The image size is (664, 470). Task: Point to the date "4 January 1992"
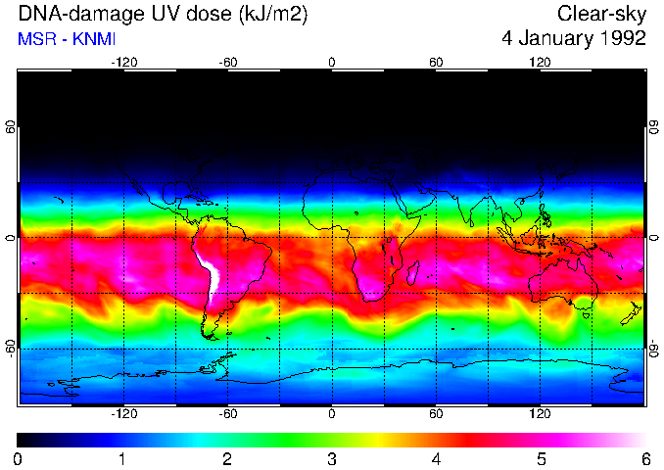pos(573,39)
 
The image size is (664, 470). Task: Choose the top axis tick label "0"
pos(331,63)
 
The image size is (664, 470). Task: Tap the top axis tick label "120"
pos(540,63)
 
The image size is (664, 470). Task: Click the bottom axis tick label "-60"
pos(227,414)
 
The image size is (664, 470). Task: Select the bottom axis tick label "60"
pos(436,414)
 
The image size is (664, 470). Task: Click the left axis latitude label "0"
pos(10,238)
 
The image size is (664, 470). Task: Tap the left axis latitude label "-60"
pos(10,348)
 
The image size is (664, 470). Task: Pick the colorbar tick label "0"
pos(19,458)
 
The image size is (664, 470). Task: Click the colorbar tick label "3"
pos(331,458)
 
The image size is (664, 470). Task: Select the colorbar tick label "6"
pos(644,458)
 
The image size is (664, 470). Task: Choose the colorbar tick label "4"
pos(436,458)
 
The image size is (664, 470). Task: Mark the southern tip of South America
pos(210,334)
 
